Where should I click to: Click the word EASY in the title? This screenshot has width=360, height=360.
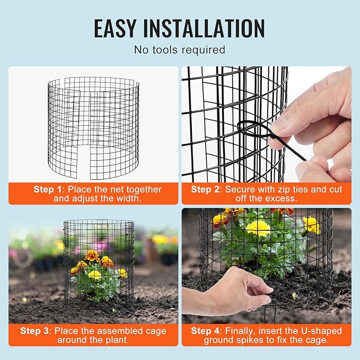(x=115, y=28)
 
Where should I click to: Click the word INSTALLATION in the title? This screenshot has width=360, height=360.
(x=204, y=28)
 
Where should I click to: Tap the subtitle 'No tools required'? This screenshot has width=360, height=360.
(x=180, y=50)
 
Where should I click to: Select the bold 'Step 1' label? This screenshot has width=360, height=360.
(x=48, y=189)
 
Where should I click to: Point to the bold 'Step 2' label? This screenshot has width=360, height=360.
(x=205, y=189)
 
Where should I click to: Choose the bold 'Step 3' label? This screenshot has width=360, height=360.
(x=34, y=331)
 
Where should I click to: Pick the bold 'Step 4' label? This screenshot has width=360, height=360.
(x=205, y=331)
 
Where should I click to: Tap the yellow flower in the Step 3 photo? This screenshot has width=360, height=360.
(x=94, y=275)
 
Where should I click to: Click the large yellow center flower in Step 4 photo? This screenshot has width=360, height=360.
(x=258, y=228)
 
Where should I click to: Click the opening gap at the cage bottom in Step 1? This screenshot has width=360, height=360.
(x=84, y=162)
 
